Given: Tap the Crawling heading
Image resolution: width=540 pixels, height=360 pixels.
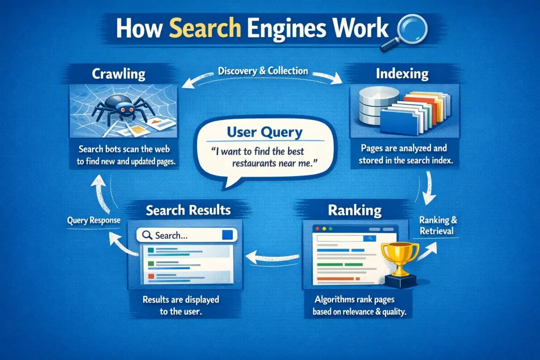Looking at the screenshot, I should pos(119,74).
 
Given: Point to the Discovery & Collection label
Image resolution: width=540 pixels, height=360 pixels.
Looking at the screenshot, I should pos(263,71).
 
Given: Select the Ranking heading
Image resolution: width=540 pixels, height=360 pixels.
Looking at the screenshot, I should pos(354,210).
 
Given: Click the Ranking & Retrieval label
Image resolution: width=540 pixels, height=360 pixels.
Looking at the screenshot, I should pos(438,225).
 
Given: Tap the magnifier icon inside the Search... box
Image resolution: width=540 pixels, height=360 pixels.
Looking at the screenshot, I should pos(147,235).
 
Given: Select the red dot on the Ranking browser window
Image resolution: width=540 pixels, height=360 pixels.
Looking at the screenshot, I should pos(317,228).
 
